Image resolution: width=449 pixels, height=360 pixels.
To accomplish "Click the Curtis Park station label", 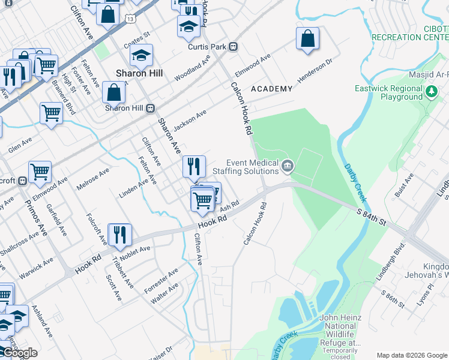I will coord(213,47).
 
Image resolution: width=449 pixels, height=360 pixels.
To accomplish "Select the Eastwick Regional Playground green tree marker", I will coord(432,92).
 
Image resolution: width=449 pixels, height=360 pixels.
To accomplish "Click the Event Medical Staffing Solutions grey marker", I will coord(288,166).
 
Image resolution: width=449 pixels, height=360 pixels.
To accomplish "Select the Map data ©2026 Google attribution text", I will coord(412,355).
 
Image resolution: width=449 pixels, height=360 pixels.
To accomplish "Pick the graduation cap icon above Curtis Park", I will coord(188,27).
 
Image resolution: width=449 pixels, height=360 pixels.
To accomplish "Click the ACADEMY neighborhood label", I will coord(271,89).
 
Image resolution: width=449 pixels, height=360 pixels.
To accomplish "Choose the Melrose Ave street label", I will coord(93,179).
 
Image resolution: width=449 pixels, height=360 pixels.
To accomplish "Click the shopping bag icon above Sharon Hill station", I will coord(113,94).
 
